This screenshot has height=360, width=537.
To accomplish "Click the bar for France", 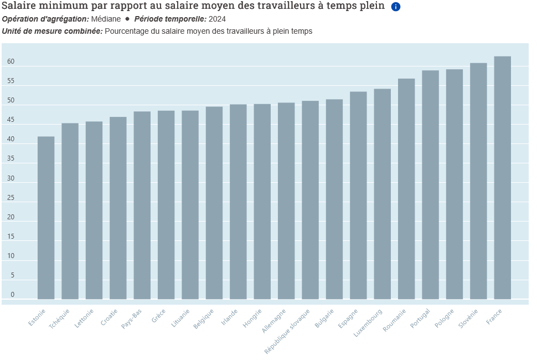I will [502, 177].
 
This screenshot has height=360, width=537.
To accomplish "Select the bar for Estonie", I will [46, 218].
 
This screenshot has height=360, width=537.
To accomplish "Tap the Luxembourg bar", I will [382, 194].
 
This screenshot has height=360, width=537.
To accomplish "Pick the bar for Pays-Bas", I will [142, 205].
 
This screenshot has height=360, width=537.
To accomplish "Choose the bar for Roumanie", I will [406, 188].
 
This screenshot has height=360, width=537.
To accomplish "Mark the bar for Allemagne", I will [286, 200].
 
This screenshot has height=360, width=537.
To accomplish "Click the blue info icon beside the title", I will [396, 7].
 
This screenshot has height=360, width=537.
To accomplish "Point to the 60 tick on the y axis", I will [11, 62].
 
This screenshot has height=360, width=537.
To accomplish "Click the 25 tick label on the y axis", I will [11, 198].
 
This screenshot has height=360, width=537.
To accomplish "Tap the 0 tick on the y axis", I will [12, 295].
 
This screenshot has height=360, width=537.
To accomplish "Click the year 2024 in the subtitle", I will [217, 19].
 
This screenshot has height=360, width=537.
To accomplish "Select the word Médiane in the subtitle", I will [106, 19].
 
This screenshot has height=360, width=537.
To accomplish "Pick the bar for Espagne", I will [358, 195].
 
